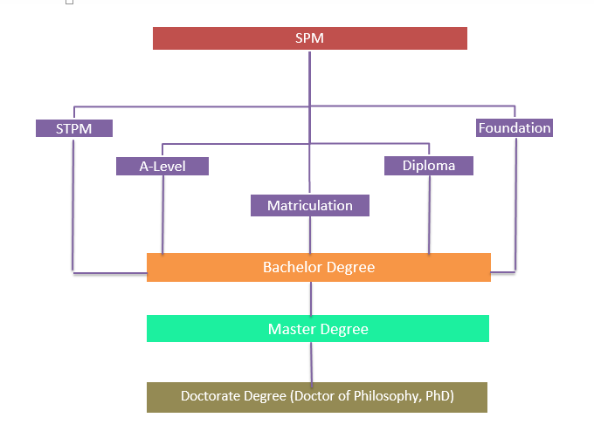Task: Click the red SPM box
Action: (309, 38)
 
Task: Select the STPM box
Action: (74, 128)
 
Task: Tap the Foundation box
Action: (515, 127)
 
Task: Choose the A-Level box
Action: (162, 166)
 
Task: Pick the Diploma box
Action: (429, 165)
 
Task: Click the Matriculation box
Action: (310, 205)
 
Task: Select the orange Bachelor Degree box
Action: (318, 267)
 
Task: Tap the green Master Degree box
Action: (317, 329)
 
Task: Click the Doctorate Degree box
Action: (316, 396)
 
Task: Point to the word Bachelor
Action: (290, 267)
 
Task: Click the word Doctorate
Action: (211, 396)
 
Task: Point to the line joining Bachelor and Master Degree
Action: (311, 298)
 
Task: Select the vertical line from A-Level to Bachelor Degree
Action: (162, 214)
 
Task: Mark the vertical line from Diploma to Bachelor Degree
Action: (429, 214)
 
